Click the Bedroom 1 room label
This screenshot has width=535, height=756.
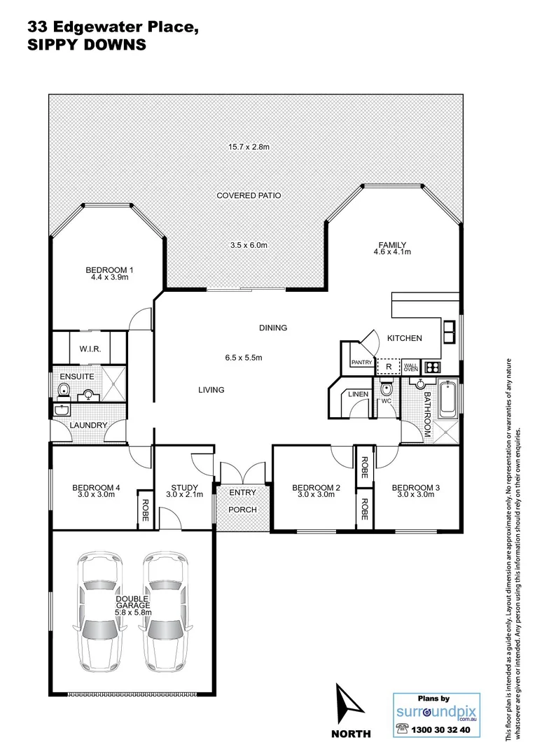[109, 270]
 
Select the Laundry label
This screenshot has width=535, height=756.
[88, 425]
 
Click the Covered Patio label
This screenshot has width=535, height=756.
[249, 195]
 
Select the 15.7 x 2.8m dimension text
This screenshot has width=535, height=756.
[249, 147]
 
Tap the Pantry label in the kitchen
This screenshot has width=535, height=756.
[361, 362]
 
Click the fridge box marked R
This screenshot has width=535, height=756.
[387, 366]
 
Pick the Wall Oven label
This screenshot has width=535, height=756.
[410, 366]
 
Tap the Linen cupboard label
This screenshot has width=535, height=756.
[359, 395]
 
